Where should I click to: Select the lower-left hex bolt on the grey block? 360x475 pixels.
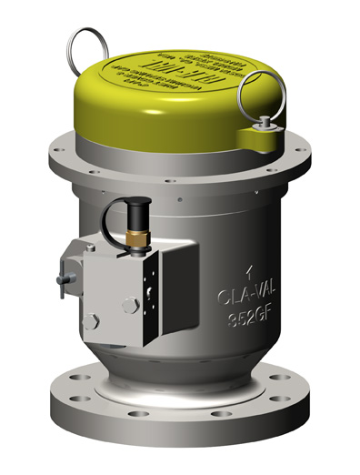pyautogui.click(x=90, y=321)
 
